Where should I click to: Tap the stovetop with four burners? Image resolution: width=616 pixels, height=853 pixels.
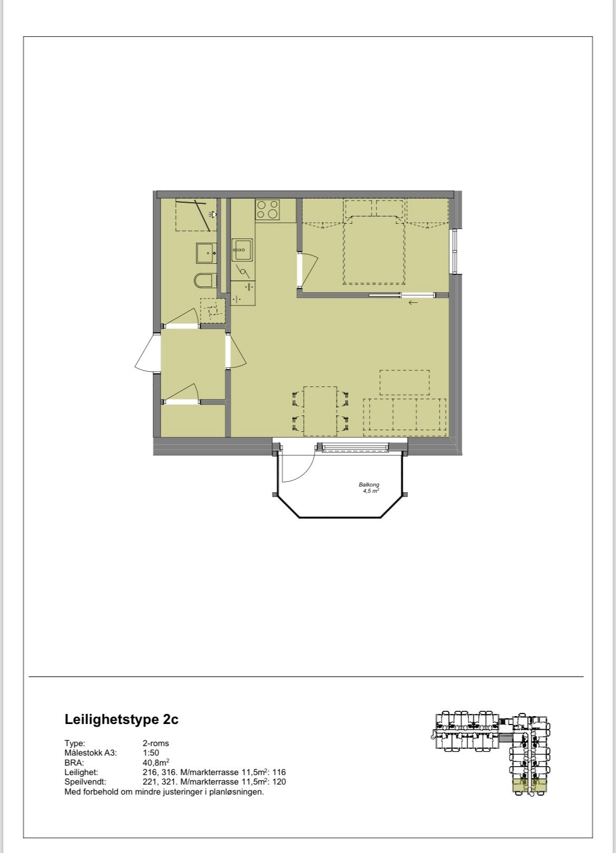[x=267, y=209]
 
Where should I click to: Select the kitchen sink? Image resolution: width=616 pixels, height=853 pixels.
[x=243, y=250]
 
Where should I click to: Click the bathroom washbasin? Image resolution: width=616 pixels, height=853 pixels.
[x=206, y=253]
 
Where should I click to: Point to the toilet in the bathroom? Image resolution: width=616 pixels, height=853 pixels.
[x=204, y=281]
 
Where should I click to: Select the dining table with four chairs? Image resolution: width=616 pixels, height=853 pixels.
[x=320, y=411]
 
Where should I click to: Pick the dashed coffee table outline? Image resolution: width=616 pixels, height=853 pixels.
[x=404, y=383]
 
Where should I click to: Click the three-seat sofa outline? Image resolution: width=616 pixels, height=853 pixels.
[x=404, y=415]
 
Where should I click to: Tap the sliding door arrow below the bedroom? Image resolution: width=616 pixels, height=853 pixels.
[x=413, y=303]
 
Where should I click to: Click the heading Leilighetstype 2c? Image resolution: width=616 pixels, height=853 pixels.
[x=122, y=719]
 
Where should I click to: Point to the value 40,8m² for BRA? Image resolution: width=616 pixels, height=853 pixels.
[x=156, y=762]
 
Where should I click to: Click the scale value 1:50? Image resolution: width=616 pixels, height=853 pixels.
[x=151, y=753]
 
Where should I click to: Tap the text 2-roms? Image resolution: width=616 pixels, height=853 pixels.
[x=156, y=743]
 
